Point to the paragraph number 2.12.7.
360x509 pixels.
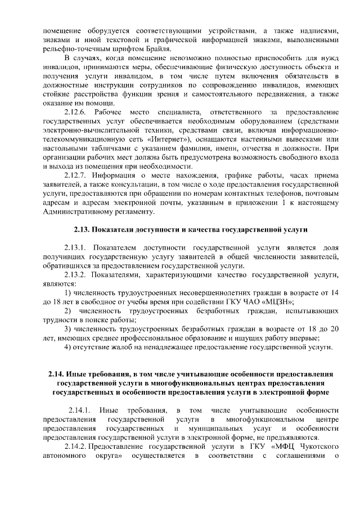[78, 175]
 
